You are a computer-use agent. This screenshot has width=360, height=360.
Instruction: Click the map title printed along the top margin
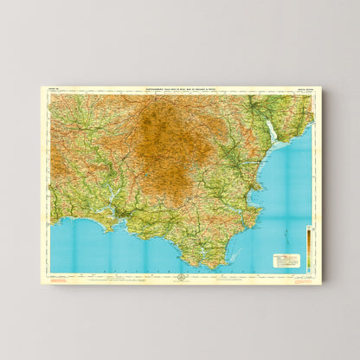coord(181,90)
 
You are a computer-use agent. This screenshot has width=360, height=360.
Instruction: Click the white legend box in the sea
coord(286,260)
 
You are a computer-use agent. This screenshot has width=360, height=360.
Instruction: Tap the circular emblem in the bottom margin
coord(182,276)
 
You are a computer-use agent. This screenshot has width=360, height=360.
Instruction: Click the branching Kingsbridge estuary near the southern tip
coord(201,251)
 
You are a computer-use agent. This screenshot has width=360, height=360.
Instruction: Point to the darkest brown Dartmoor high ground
coord(164,138)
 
